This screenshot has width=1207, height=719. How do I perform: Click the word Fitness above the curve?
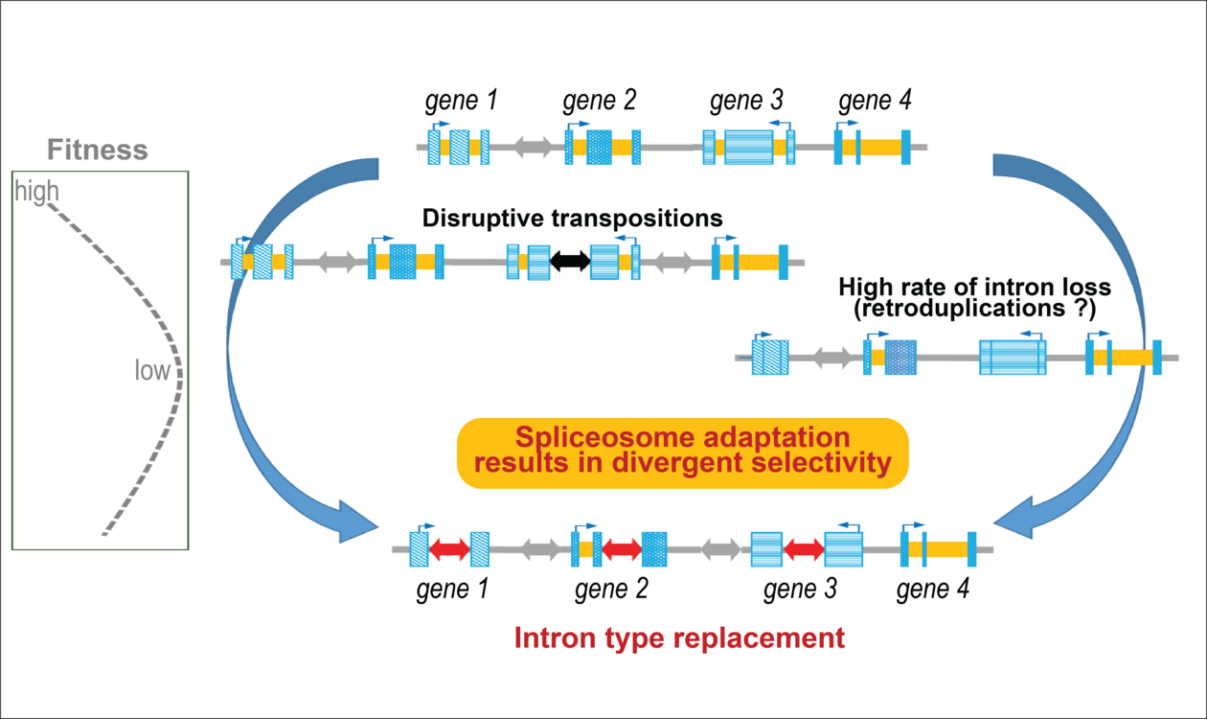pos(99,151)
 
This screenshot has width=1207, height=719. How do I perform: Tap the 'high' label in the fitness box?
pos(36,194)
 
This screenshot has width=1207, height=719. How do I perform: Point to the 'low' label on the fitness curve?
pos(151,370)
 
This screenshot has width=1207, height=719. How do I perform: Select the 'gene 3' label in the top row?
pos(747,101)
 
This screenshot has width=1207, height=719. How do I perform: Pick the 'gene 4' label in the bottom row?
pos(933,590)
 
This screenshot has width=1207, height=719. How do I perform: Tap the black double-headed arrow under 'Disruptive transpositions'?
pos(570,261)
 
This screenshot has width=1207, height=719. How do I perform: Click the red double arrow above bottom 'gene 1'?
pos(449,549)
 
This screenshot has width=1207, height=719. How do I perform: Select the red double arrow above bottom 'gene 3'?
pos(804,549)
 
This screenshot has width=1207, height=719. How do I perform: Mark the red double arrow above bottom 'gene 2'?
pos(622,549)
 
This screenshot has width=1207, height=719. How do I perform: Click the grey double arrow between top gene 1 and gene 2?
pos(534,148)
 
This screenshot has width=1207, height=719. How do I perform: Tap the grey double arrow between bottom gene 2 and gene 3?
pos(721,549)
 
